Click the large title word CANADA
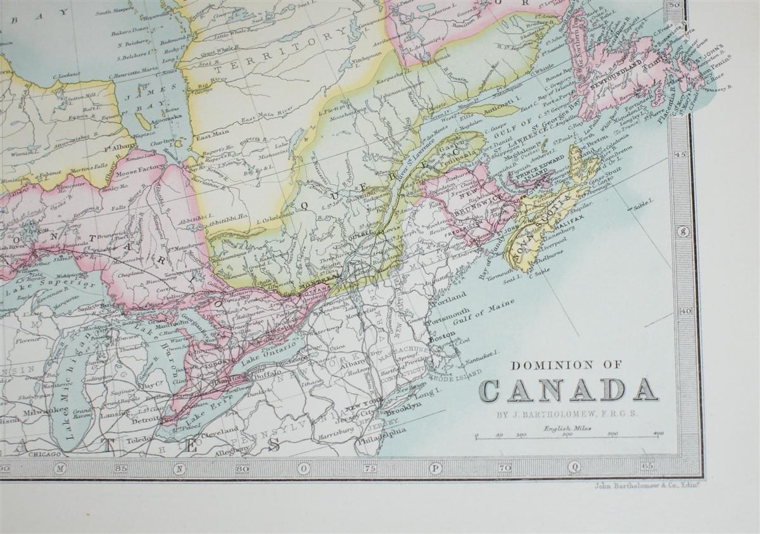coord(568,390)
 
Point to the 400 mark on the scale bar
coord(658,433)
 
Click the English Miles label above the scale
coord(562,428)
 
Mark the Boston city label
coord(441,338)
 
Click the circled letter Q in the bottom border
coord(574,469)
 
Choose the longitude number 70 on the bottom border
coord(505,469)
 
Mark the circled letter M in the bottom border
coord(61,469)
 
